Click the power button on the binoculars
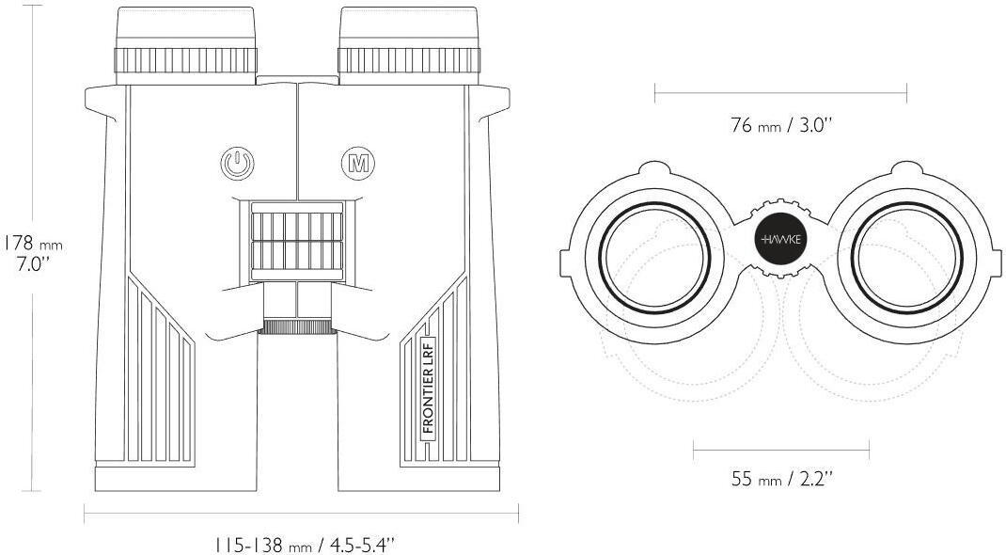(x=237, y=164)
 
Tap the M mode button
(x=358, y=164)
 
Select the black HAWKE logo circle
(x=780, y=239)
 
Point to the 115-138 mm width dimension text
(x=303, y=546)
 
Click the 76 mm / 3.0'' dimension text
(x=780, y=124)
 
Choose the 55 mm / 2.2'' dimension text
(x=782, y=479)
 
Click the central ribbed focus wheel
(x=297, y=241)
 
